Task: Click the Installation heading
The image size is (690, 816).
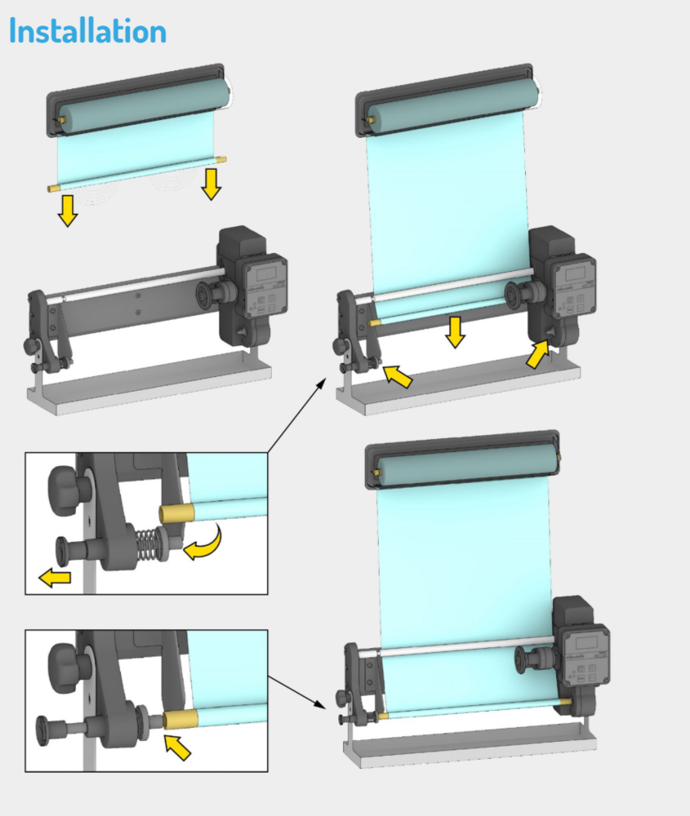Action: [x=88, y=31]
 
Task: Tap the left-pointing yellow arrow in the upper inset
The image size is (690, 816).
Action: [x=55, y=578]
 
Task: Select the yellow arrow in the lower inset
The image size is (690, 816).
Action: [x=177, y=747]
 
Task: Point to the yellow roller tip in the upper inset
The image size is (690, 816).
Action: [x=176, y=513]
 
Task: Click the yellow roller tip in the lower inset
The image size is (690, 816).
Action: [x=180, y=719]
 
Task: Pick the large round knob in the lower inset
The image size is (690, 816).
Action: [x=69, y=668]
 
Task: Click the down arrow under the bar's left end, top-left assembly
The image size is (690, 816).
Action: [x=68, y=211]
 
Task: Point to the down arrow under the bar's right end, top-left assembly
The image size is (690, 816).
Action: [x=211, y=184]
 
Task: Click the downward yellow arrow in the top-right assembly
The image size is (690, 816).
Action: [x=455, y=332]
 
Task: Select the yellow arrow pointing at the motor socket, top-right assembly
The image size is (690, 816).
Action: [x=537, y=354]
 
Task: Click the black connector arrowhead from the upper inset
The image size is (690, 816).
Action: [x=321, y=384]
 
